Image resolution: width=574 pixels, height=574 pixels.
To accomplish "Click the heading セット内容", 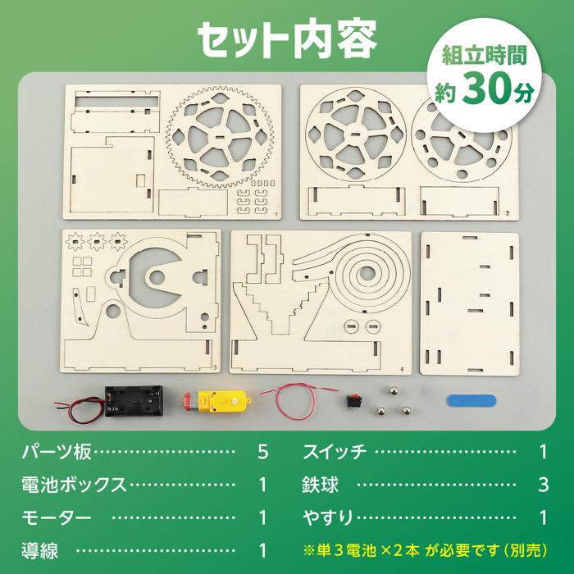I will (x=286, y=36).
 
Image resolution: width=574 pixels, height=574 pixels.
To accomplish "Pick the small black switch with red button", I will (x=353, y=402).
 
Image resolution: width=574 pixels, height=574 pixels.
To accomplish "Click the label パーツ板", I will (x=57, y=452).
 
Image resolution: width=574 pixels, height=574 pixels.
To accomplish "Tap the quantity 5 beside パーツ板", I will (x=263, y=452).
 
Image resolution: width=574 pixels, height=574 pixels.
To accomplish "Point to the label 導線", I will (x=39, y=550).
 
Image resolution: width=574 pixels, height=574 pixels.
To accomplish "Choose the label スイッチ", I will (x=334, y=452).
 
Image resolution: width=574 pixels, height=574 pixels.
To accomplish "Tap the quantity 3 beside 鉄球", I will (x=543, y=485).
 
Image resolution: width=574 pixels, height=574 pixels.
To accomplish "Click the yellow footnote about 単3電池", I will (x=426, y=549).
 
